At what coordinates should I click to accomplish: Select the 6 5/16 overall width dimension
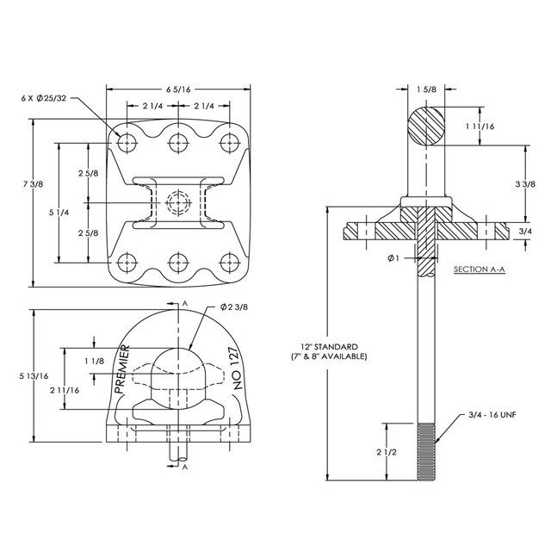(x=179, y=89)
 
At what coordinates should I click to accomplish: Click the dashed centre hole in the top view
(x=178, y=203)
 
